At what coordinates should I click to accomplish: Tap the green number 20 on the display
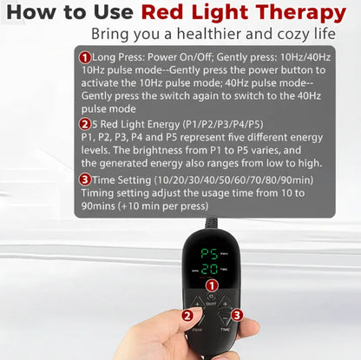click(208, 271)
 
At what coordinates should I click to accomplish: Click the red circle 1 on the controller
click(210, 285)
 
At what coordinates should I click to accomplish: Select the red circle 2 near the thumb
click(187, 317)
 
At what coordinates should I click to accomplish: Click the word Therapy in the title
click(295, 15)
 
